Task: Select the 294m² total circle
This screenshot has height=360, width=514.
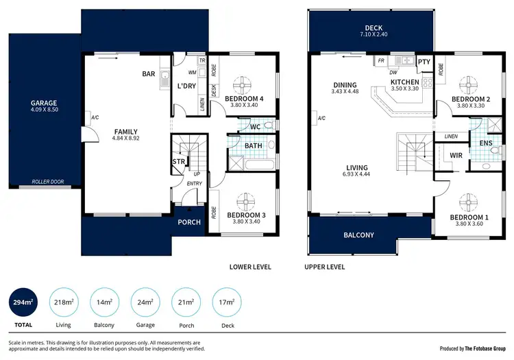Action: pyautogui.click(x=25, y=302)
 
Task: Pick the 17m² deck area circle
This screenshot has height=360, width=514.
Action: pyautogui.click(x=227, y=302)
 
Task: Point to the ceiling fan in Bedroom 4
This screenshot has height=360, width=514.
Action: pyautogui.click(x=245, y=86)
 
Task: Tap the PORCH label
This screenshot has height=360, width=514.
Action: pyautogui.click(x=189, y=222)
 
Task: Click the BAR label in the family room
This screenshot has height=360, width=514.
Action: pyautogui.click(x=149, y=74)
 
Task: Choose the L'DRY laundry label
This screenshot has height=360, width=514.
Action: pyautogui.click(x=187, y=86)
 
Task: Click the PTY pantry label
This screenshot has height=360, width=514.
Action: pyautogui.click(x=424, y=62)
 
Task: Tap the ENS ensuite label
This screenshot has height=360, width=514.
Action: pyautogui.click(x=485, y=143)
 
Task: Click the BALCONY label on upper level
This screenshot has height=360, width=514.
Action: pyautogui.click(x=358, y=235)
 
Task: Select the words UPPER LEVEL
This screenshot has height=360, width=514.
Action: pyautogui.click(x=325, y=267)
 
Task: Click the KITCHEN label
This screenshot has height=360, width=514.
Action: pyautogui.click(x=404, y=82)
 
